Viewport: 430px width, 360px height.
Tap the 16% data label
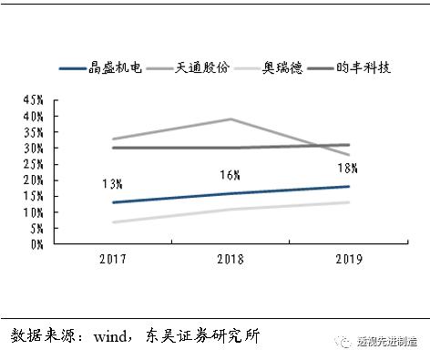click(x=230, y=175)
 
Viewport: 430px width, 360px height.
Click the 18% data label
click(x=348, y=169)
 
